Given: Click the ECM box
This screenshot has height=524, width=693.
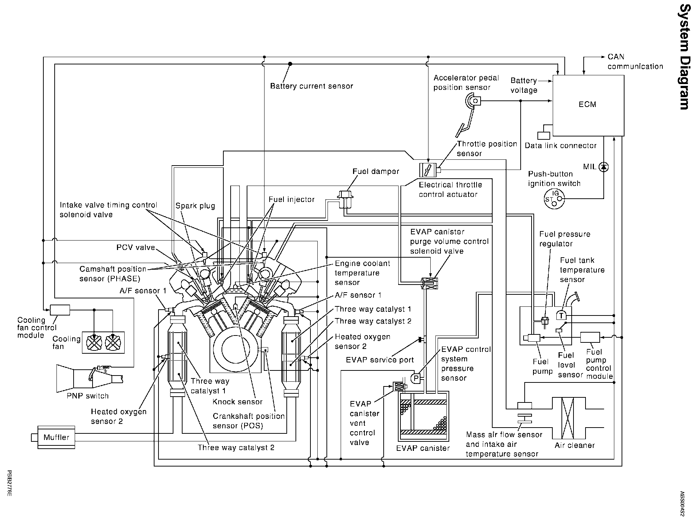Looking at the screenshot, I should (x=588, y=105).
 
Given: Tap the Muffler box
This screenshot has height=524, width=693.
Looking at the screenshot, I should (x=56, y=437).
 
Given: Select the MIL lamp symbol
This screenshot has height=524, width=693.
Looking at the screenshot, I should (x=604, y=167).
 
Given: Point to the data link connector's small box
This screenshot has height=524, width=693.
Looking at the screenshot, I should (x=544, y=135).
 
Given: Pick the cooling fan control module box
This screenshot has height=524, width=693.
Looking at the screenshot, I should (x=60, y=310).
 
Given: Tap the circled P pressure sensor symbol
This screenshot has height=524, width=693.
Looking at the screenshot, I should (x=416, y=378).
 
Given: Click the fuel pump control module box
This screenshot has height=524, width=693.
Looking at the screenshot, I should (x=590, y=337).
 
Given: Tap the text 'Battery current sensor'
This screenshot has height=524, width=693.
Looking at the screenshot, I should (x=312, y=86).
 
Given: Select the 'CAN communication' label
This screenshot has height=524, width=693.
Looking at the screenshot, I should (x=635, y=61).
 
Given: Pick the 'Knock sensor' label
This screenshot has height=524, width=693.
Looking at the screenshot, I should (x=238, y=402).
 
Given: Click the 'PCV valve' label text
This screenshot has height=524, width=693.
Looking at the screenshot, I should (x=136, y=247).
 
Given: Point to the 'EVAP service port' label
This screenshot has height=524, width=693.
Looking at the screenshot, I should (x=380, y=360).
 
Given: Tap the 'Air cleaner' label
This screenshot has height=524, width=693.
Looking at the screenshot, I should (x=575, y=445).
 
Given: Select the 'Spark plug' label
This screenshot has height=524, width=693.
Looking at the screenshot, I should (x=195, y=206).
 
